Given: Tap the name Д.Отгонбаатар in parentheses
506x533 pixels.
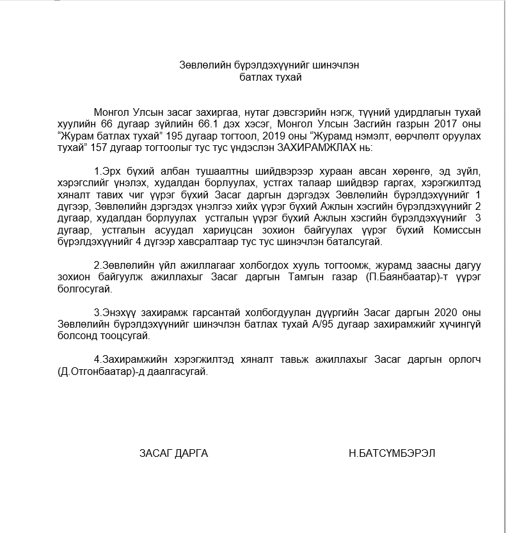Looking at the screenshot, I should (90, 372).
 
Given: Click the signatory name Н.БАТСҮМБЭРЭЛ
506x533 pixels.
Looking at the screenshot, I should (392, 453).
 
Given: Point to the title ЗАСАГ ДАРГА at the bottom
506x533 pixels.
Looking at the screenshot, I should (173, 453).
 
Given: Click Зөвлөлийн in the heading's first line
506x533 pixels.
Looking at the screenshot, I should (202, 65).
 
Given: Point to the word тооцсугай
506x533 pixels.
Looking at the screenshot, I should (125, 337).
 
